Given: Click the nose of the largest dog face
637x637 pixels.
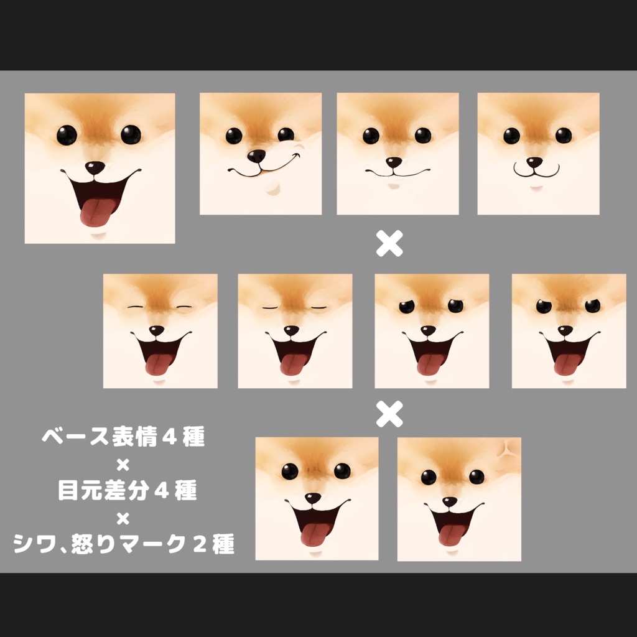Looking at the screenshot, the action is coord(95,167).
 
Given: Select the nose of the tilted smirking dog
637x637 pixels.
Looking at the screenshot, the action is coord(256,156).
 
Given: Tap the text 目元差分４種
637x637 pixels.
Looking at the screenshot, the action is coord(128,490).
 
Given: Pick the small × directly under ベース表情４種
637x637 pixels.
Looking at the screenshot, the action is coord(123,465).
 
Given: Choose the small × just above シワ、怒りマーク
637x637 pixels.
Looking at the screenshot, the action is coord(123,518).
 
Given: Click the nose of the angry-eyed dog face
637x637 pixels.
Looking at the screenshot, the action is coord(565,331).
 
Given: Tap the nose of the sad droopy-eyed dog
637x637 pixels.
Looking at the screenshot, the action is coord(428,331).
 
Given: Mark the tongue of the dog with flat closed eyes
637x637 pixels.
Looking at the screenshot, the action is coord(292,365).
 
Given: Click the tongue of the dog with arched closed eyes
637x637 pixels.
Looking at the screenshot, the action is coord(157,365).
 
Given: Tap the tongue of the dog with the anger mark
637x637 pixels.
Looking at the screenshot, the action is coord(451,536).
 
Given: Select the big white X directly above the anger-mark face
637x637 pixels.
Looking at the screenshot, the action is coord(389,414).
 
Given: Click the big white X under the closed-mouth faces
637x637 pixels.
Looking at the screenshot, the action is coord(389,243).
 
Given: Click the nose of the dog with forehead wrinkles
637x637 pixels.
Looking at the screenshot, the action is coord(313,498).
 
